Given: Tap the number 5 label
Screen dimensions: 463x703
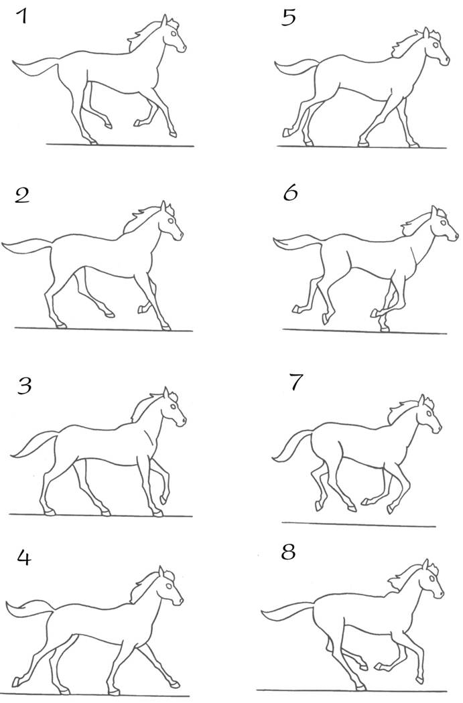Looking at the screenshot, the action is click(289, 18).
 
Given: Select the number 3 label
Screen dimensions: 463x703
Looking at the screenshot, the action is click(24, 386).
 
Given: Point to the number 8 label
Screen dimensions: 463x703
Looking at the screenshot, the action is click(289, 552).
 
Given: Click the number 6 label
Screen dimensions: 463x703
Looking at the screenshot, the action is click(290, 193).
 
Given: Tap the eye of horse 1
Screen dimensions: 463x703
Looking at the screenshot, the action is click(174, 33).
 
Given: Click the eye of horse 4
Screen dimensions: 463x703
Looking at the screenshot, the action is click(169, 586).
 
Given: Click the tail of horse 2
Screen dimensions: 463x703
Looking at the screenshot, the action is click(27, 246).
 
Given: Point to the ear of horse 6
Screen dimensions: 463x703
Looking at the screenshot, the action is click(434, 212).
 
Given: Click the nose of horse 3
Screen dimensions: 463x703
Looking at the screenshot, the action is click(183, 421).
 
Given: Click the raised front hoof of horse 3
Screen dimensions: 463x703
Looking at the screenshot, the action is click(163, 499).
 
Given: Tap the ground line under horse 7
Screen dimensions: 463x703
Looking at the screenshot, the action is click(359, 524).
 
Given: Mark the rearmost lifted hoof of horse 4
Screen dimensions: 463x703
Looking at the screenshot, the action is click(16, 682).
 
